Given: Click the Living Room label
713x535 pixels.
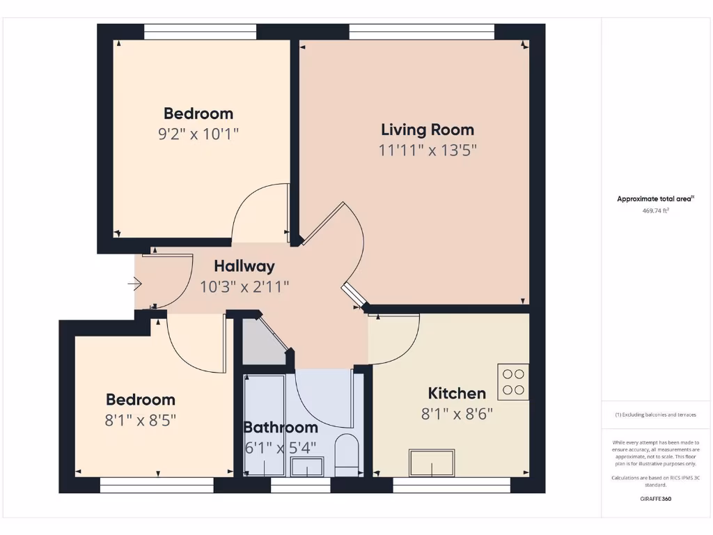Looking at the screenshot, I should [x=428, y=130].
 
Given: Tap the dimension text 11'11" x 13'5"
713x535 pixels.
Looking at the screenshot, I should [x=428, y=150].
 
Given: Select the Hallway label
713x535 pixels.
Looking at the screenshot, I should [x=244, y=266].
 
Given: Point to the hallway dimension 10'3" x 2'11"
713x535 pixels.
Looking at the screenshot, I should [x=244, y=286].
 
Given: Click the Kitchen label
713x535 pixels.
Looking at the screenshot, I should [x=457, y=394].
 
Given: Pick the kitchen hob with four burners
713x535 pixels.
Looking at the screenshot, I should [x=513, y=382].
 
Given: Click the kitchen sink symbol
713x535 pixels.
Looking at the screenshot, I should [x=432, y=463].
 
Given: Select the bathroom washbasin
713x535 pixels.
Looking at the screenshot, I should [x=306, y=466].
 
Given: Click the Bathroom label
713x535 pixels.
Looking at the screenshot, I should [x=281, y=428].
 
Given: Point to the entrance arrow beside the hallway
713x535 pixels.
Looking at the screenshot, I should [x=135, y=284].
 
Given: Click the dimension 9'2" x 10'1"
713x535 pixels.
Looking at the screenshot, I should [x=198, y=134].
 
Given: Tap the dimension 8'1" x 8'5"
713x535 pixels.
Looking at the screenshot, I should [x=141, y=420].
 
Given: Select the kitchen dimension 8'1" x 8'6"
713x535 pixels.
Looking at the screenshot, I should [x=457, y=414].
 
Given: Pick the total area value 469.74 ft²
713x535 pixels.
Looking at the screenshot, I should [x=655, y=210].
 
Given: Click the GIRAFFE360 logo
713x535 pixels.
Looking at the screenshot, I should [x=655, y=499].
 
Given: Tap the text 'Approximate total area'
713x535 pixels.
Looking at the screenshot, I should [x=655, y=199].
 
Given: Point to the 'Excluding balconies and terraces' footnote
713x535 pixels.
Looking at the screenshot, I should [x=655, y=414].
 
